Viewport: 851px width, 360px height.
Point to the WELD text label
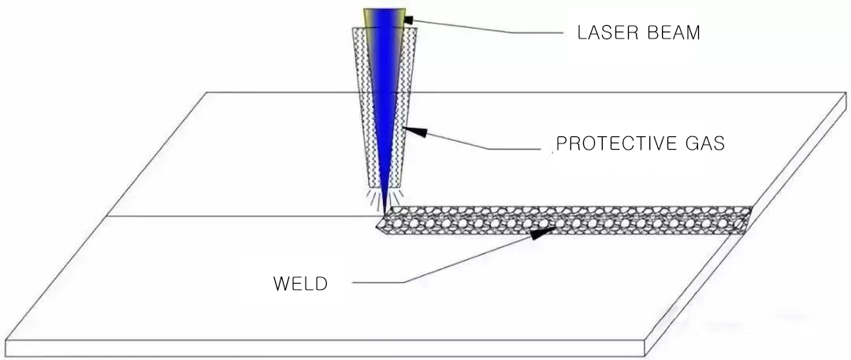tap(299, 284)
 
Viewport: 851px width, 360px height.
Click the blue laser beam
tap(385, 95)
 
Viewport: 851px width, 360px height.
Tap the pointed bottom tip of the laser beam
tap(384, 206)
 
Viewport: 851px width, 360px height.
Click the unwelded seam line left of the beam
tap(236, 216)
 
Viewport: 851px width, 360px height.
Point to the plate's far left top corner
tap(207, 93)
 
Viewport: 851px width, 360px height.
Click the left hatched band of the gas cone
tap(364, 102)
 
